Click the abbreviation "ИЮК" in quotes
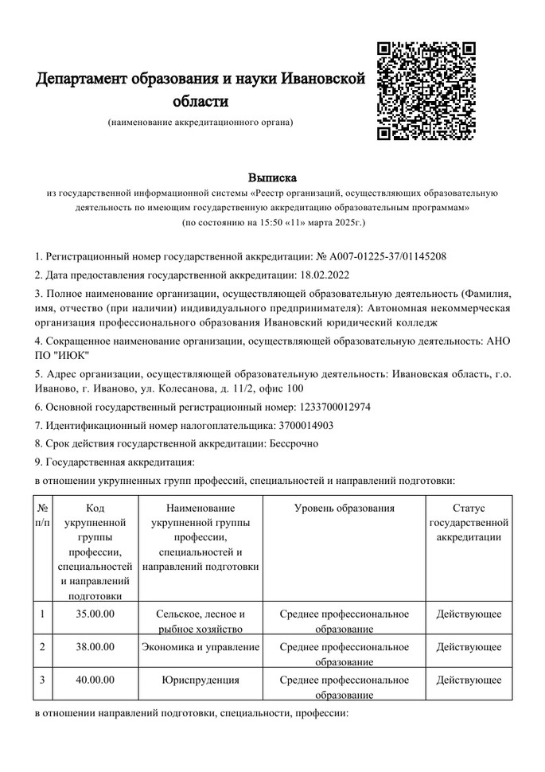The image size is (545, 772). (70, 354)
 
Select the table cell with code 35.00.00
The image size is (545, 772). (95, 614)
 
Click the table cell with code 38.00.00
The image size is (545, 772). (95, 646)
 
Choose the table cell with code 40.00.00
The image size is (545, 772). (95, 680)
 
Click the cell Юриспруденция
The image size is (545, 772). (200, 680)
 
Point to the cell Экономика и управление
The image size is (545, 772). (200, 646)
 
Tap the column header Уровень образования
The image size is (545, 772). (344, 507)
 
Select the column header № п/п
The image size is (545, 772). (44, 515)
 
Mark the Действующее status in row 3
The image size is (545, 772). (469, 680)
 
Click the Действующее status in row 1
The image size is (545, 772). (469, 614)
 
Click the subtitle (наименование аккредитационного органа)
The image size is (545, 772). (200, 123)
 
